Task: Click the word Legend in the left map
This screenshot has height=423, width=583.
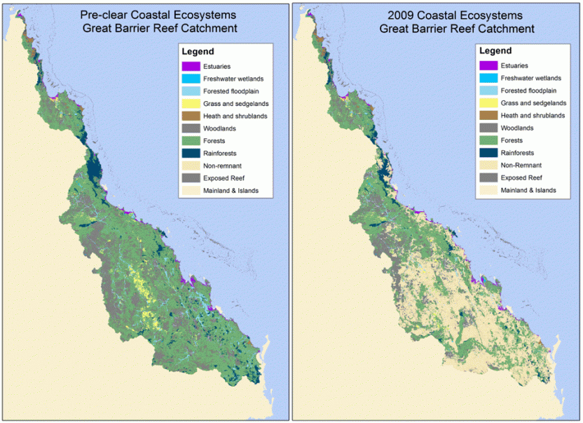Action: point(198,52)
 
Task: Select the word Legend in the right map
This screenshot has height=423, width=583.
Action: point(495,52)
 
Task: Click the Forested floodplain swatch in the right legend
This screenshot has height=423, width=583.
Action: point(488,90)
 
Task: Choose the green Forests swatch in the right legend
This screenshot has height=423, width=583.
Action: point(488,140)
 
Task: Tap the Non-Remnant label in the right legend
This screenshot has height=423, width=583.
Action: point(523,165)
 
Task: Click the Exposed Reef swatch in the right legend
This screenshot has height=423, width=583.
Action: point(488,177)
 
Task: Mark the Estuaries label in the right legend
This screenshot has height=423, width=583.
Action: point(517,66)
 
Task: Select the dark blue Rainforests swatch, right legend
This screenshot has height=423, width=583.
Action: point(488,152)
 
